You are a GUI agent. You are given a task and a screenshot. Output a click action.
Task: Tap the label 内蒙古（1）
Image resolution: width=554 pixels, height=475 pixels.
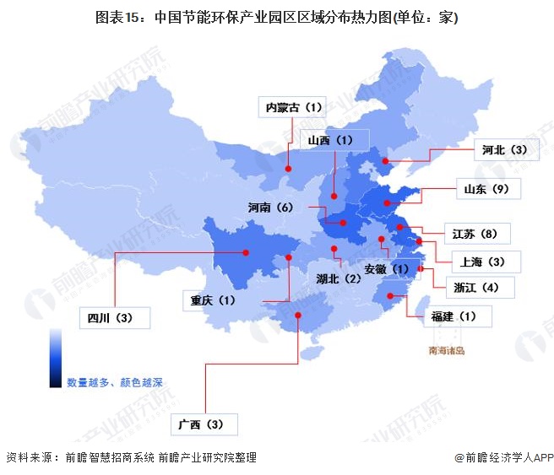294,107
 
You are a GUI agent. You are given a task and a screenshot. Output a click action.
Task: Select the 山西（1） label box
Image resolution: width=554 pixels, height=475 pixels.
328,140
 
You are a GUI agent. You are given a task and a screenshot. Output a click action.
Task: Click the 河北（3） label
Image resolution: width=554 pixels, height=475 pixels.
504,149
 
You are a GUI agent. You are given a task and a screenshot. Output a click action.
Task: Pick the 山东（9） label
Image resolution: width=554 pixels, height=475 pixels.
487,189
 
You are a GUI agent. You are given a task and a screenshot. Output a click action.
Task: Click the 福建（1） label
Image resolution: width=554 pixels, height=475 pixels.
454,316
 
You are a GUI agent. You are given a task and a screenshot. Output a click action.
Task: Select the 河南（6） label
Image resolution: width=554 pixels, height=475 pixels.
270,207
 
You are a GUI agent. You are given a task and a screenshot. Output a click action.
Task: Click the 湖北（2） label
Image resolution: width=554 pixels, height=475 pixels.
338,278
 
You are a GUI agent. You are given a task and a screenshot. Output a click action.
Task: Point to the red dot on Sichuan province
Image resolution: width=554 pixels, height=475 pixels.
247,251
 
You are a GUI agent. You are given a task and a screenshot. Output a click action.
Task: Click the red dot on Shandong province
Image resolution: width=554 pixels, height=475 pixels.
387,202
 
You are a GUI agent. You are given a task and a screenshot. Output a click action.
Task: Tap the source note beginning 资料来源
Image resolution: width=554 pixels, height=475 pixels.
131,458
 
